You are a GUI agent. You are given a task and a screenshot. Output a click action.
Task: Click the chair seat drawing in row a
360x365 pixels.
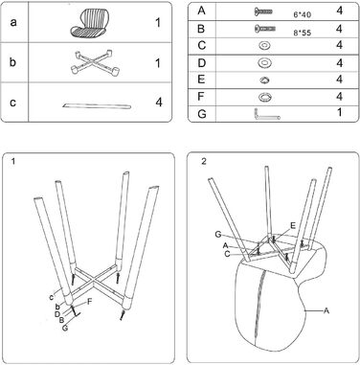[89, 23]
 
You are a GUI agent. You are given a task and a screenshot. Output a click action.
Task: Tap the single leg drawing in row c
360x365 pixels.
[97, 105]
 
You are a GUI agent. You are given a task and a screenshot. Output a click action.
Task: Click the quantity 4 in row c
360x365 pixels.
[159, 103]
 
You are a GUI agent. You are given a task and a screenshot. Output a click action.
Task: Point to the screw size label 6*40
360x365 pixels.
[302, 14]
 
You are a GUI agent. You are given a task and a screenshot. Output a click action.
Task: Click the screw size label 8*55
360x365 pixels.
[302, 33]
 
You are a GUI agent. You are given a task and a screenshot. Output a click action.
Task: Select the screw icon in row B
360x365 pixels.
[265, 29]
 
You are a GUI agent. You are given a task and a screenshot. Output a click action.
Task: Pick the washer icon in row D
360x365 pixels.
[264, 62]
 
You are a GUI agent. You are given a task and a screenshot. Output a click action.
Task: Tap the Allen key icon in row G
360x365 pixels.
[266, 114]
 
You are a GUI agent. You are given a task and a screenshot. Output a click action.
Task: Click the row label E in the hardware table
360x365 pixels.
[201, 80]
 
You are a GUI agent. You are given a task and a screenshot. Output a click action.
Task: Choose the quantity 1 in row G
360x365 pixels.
[340, 112]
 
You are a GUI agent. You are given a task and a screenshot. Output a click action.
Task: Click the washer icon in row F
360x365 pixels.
[264, 97]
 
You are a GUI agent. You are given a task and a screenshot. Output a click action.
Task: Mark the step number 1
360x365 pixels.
[12, 162]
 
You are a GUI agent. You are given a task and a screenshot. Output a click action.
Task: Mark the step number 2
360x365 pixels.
[204, 161]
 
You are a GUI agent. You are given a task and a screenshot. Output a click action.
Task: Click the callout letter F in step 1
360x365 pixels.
[90, 302]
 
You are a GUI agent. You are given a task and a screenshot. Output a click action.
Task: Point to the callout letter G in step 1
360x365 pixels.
[65, 328]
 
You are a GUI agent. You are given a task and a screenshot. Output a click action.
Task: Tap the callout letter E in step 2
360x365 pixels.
[293, 226]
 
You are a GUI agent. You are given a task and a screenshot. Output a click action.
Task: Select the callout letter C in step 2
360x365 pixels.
[227, 254]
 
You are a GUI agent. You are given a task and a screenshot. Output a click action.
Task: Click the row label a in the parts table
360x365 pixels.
[13, 22]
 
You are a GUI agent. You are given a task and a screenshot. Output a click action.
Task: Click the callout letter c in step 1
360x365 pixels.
[52, 297]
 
